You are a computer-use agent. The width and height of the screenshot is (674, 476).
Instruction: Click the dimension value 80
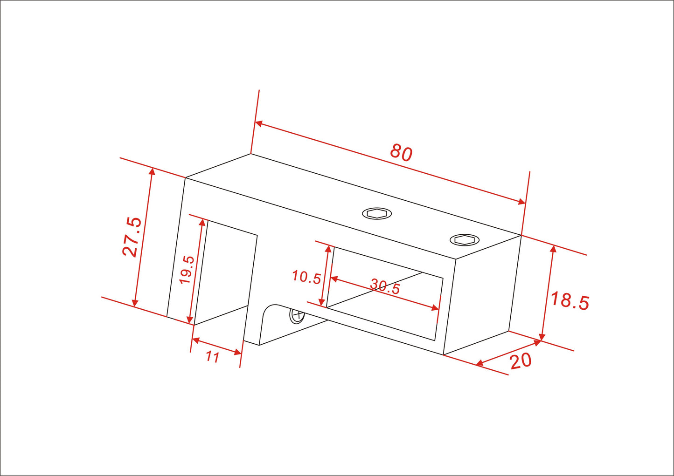click(401, 152)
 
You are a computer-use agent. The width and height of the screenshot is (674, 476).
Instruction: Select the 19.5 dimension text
click(187, 270)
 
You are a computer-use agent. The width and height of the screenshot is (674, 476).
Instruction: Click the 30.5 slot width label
click(385, 286)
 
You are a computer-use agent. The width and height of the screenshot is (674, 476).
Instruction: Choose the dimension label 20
click(521, 361)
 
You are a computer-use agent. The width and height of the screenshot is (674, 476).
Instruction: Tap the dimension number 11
click(212, 357)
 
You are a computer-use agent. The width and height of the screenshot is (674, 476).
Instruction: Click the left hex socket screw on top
click(376, 214)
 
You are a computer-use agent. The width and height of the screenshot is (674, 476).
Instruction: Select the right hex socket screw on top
click(464, 240)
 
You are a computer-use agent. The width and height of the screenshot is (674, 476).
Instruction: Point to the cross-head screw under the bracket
click(297, 316)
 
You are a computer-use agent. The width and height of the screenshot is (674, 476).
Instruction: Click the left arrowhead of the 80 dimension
click(258, 124)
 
